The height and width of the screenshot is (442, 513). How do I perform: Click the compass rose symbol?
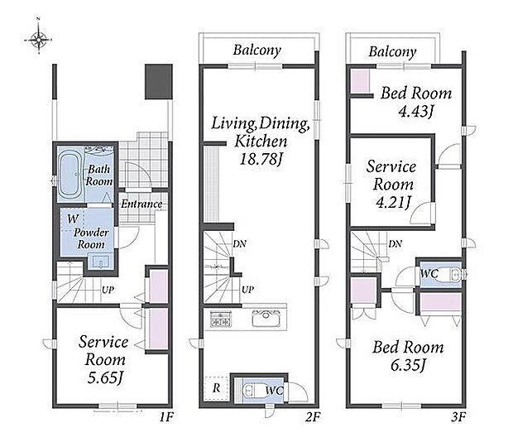click(38, 39)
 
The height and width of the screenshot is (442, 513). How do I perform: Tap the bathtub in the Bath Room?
click(70, 175)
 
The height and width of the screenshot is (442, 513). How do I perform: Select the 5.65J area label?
click(105, 378)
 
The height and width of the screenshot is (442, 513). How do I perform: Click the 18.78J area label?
click(261, 160)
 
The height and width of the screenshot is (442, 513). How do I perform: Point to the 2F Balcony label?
click(256, 50)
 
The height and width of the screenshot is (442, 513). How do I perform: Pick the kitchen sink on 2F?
click(266, 317)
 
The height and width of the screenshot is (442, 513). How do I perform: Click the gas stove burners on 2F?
click(220, 319)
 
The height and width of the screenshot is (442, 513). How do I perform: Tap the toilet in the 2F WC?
click(253, 391)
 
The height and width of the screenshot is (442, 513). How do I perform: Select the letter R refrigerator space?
click(216, 388)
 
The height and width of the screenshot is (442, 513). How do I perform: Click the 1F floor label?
click(166, 417)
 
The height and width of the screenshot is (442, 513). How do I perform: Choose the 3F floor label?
click(458, 417)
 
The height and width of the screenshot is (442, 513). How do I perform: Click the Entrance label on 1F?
click(141, 204)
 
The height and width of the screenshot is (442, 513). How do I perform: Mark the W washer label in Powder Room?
click(73, 219)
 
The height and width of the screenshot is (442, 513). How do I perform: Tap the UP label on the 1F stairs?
click(108, 290)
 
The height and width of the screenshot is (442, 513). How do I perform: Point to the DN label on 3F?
click(396, 243)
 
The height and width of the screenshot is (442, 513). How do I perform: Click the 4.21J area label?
click(392, 203)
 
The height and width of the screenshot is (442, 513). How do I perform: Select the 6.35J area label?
click(408, 365)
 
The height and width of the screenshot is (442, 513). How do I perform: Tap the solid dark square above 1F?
click(159, 81)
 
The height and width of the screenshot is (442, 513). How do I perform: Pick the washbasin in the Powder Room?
click(100, 262)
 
